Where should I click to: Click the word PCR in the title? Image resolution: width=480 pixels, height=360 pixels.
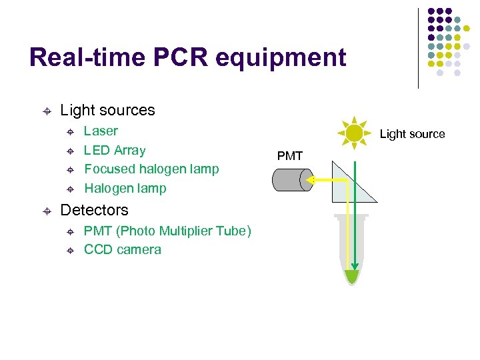pos(181,57)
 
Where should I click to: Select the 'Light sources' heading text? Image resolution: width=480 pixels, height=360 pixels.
pos(107,110)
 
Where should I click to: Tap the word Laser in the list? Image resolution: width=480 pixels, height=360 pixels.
pos(101,131)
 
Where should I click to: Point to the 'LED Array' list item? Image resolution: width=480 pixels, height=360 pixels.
pos(115,150)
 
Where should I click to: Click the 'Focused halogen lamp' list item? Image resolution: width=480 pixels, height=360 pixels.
pos(151,169)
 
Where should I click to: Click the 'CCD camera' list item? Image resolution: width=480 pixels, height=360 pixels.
pos(123,249)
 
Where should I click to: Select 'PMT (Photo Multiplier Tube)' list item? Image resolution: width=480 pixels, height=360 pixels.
pos(167,231)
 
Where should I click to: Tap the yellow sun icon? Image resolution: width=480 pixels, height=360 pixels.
pos(354,133)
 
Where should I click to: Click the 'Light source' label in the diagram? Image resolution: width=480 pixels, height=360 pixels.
pos(412,134)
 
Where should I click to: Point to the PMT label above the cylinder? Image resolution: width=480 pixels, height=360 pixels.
pos(290,156)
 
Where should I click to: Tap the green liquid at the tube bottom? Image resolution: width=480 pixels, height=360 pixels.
pos(351,275)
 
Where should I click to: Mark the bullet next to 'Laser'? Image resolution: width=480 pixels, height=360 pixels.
pos(70,132)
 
